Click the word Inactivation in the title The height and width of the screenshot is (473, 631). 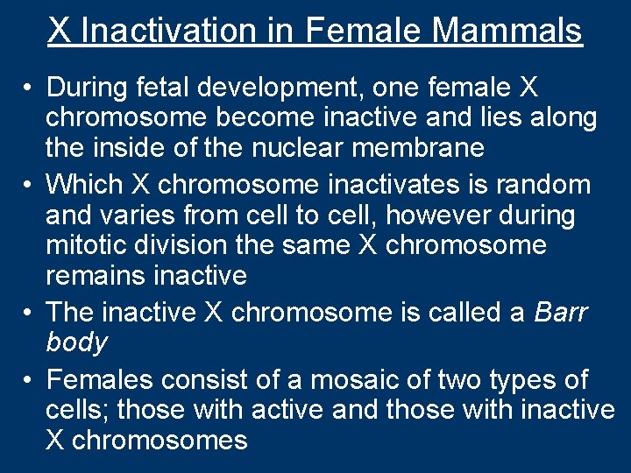[188, 31]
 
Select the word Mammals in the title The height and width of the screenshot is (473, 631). [507, 31]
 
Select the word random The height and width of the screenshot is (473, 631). [557, 185]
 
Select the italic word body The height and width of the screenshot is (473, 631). [77, 342]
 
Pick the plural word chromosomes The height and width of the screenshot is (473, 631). [160, 440]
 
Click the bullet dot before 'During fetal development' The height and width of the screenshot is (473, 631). [29, 88]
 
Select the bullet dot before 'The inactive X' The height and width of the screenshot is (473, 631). [29, 313]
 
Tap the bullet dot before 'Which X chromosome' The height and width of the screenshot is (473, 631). [29, 186]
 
